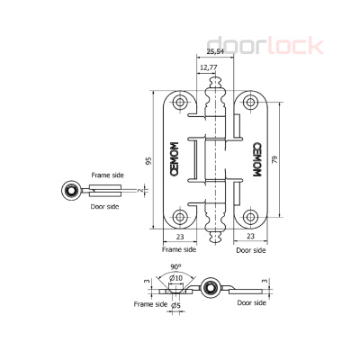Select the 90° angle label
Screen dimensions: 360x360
(x=175, y=267)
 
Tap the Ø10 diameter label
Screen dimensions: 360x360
(x=176, y=277)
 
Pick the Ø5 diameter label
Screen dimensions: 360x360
(x=176, y=305)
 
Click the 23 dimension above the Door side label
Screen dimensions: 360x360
(x=247, y=237)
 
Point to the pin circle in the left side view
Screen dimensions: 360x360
(x=68, y=190)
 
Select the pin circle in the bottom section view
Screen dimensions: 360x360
(x=210, y=288)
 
